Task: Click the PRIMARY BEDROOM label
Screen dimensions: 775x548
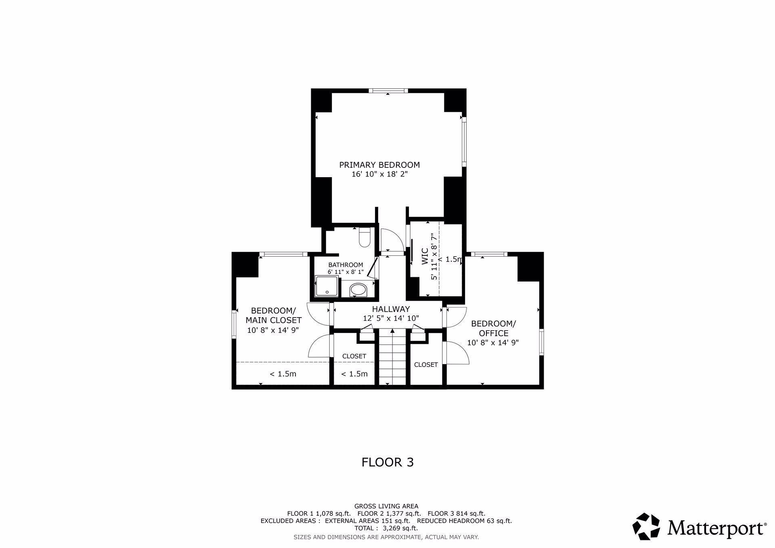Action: [379, 165]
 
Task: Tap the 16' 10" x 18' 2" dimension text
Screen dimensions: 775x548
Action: [380, 174]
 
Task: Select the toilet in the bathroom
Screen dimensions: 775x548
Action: [364, 237]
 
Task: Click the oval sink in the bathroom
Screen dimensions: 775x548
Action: [358, 289]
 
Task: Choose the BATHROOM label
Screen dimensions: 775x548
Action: [346, 265]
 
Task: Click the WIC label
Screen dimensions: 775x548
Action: [425, 257]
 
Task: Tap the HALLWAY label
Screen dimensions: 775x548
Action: [391, 309]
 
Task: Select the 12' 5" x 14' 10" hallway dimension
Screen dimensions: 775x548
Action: [391, 318]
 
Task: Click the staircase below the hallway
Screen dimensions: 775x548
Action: [392, 357]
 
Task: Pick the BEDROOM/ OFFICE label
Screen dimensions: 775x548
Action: [493, 328]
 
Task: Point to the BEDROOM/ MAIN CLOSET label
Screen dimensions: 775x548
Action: [274, 316]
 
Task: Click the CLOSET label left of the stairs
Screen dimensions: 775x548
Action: [354, 356]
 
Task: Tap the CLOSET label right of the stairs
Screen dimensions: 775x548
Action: [426, 365]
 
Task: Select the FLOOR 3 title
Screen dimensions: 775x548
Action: [387, 462]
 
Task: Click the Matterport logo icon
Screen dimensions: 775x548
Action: [646, 526]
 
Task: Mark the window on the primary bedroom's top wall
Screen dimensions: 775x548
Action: [388, 91]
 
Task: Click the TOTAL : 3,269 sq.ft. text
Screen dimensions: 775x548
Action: [386, 528]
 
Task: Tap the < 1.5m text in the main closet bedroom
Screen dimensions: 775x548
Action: [283, 374]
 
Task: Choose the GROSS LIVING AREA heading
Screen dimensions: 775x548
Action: [386, 506]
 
